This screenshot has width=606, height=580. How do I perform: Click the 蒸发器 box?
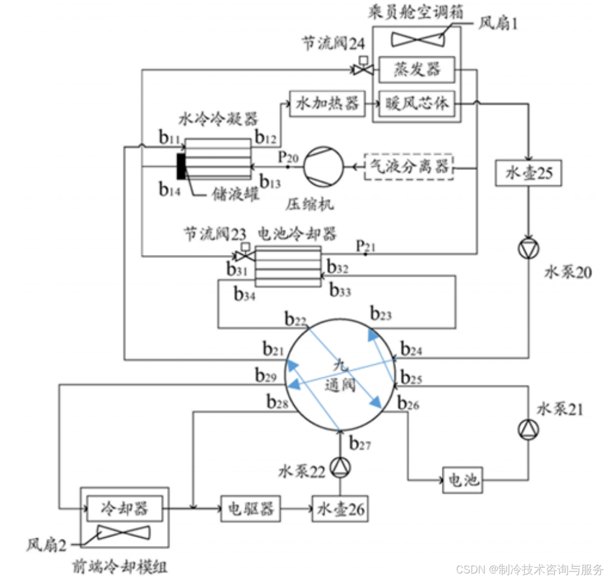pyautogui.click(x=417, y=70)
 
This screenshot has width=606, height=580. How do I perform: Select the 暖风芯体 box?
pyautogui.click(x=417, y=103)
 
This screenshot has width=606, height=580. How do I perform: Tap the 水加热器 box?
pyautogui.click(x=327, y=103)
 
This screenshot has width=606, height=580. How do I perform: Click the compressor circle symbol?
pyautogui.click(x=323, y=166)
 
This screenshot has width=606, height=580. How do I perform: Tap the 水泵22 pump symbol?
pyautogui.click(x=340, y=467)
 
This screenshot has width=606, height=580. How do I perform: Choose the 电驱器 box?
pyautogui.click(x=250, y=507)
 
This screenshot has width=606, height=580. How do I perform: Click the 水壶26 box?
pyautogui.click(x=341, y=508)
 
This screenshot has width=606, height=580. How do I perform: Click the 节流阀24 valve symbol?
pyautogui.click(x=361, y=69)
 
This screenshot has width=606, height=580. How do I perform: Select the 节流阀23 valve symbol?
pyautogui.click(x=242, y=256)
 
